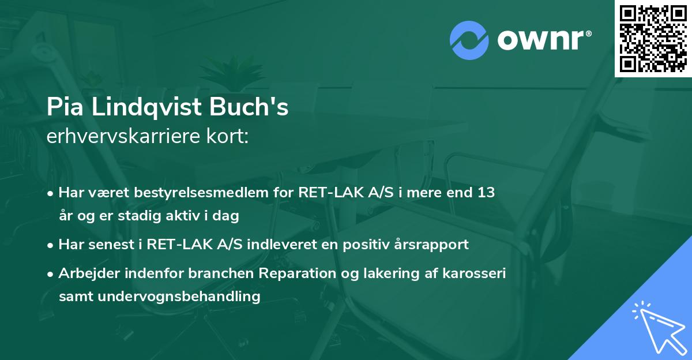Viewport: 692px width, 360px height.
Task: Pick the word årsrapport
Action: (x=432, y=245)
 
